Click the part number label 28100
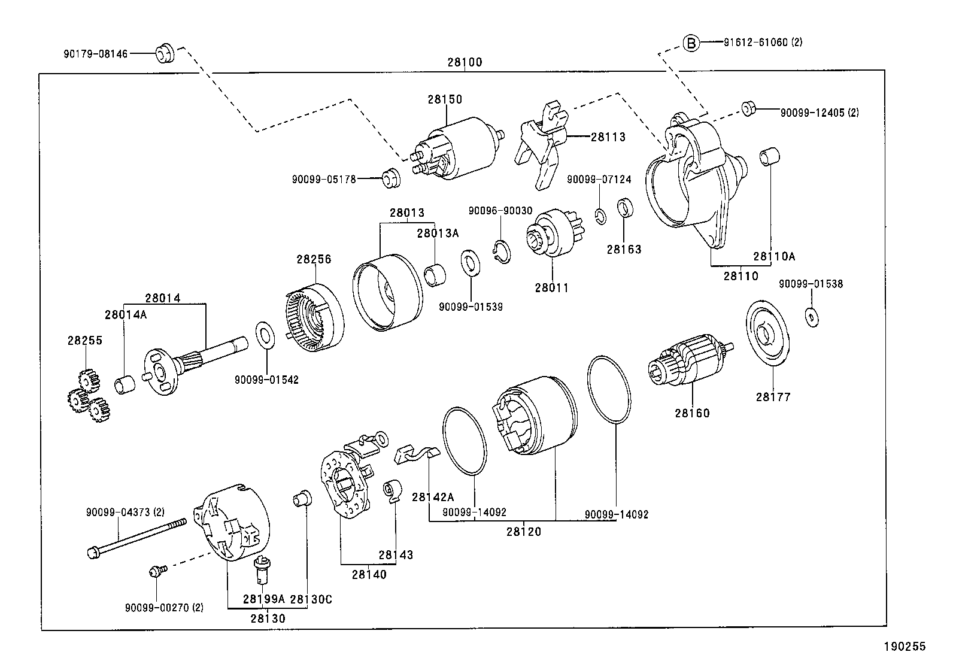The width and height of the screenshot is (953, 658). coord(465,62)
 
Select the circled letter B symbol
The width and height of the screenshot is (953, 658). coord(691,43)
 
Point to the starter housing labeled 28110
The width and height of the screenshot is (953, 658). coord(694,180)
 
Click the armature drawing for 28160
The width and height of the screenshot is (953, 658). coord(688,363)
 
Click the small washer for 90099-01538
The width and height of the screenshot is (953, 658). coord(812,316)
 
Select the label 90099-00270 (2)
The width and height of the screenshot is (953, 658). coord(164,607)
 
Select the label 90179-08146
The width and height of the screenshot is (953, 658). coord(96,54)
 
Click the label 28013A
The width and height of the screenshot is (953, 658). coord(438,234)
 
